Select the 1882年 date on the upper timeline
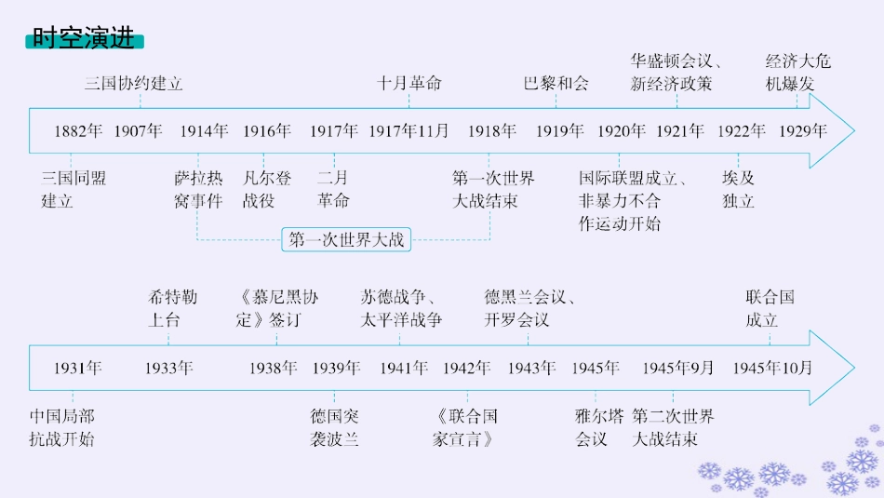(78, 131)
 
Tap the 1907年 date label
(139, 131)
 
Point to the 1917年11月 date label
(409, 131)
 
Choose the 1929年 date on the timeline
(802, 131)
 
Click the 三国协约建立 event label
(134, 84)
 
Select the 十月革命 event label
(409, 84)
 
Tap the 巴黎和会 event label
(556, 84)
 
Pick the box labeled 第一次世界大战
(347, 240)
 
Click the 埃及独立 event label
(738, 189)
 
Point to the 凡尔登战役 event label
(267, 189)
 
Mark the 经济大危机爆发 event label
(798, 73)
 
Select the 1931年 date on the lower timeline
(77, 368)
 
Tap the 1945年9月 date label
(678, 368)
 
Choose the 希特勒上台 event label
(172, 309)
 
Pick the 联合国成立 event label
(770, 309)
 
